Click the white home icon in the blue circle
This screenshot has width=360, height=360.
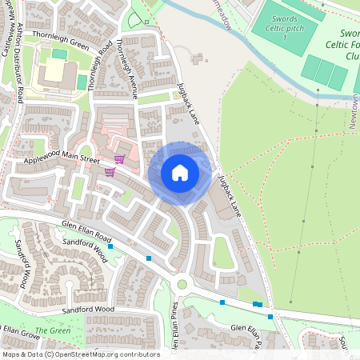(x=180, y=173)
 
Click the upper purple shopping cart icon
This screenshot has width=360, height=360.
(x=119, y=159)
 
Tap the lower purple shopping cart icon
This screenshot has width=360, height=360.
(x=110, y=171)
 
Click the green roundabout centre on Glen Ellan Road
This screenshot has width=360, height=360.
(x=182, y=283)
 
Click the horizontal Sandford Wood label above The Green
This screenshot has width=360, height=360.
(x=90, y=309)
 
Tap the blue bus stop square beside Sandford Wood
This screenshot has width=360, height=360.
(x=110, y=246)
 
